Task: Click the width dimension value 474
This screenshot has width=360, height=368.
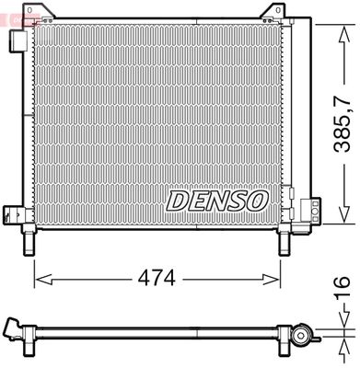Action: (x=157, y=275)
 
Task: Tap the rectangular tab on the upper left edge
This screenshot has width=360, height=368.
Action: (x=17, y=41)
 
